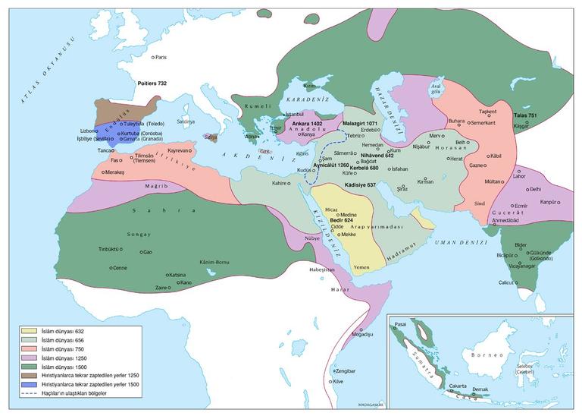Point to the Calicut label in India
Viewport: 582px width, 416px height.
click(508, 282)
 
